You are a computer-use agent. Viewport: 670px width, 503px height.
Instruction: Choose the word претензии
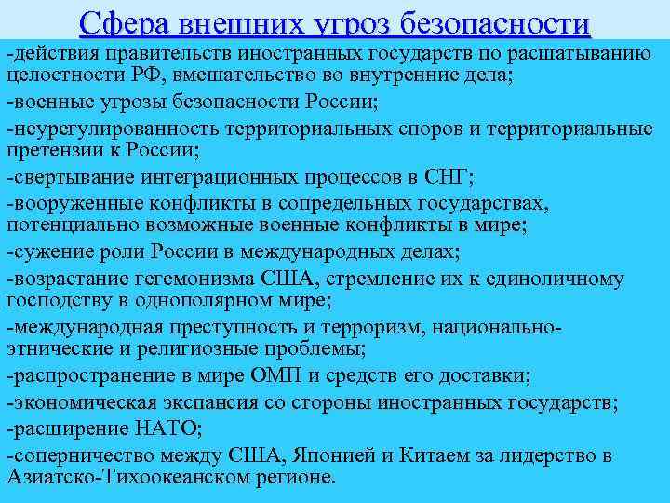pyautogui.click(x=60, y=149)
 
